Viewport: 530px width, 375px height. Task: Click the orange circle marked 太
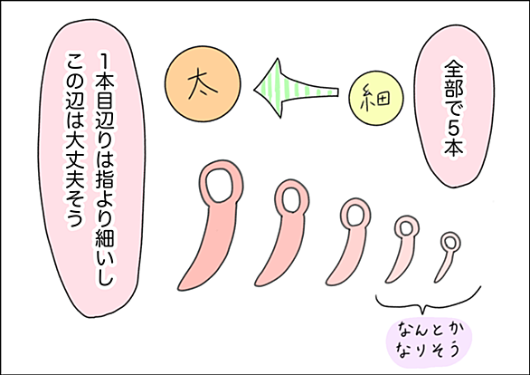coord(203,84)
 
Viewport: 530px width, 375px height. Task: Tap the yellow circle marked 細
coord(376,98)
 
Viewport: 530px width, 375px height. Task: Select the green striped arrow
coord(295,89)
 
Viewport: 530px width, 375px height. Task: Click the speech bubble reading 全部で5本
coord(454,106)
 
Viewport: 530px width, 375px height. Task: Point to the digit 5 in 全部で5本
coord(454,129)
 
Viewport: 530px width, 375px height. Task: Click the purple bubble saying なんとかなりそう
coord(430,342)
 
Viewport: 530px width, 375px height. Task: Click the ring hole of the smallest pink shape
coord(450,243)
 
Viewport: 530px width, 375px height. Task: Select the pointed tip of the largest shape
coord(179,289)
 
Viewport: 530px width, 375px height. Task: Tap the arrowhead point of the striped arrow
coord(255,90)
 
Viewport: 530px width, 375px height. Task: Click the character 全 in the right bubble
coord(454,70)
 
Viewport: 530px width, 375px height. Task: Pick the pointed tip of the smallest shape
coord(435,281)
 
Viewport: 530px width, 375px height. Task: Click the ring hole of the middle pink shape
coord(355,215)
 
